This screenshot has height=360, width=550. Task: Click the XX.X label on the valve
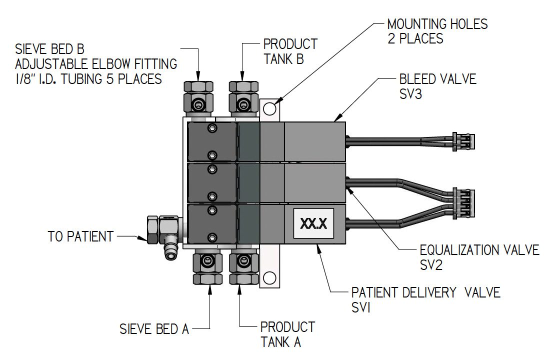click(x=314, y=223)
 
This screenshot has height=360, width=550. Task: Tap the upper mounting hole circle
click(x=269, y=108)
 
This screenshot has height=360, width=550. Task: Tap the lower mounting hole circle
click(x=270, y=276)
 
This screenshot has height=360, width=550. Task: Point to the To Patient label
click(x=80, y=236)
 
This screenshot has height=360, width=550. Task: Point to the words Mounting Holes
click(x=437, y=23)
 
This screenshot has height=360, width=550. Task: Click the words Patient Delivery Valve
click(x=425, y=292)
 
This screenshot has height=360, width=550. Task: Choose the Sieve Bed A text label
click(x=154, y=329)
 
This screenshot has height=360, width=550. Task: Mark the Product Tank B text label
click(x=290, y=51)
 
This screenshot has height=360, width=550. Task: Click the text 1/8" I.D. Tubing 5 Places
click(x=88, y=78)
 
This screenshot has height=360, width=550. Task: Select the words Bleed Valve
click(x=437, y=79)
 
